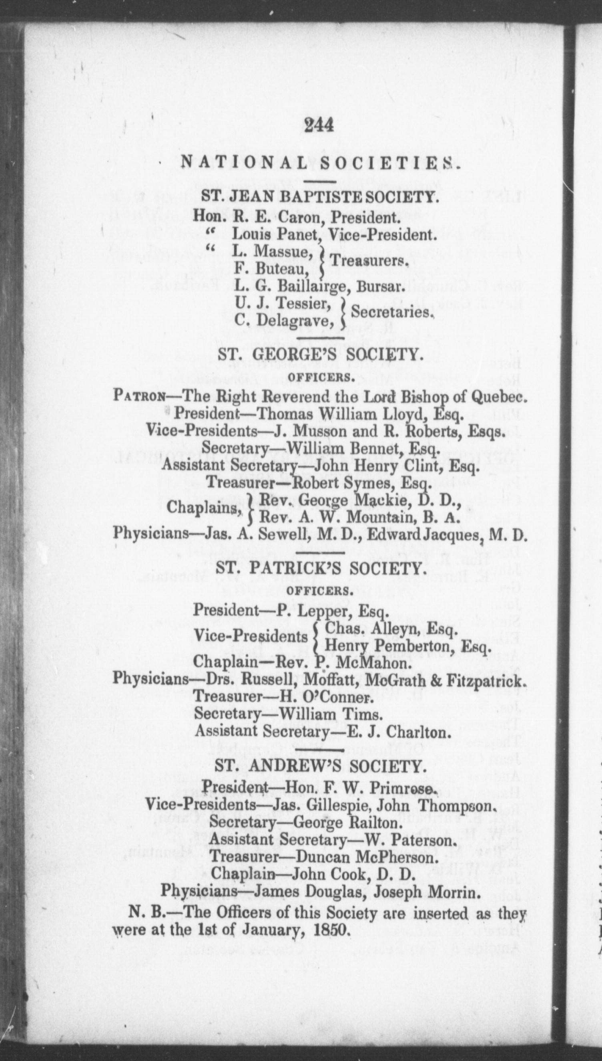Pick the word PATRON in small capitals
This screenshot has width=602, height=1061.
139,396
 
